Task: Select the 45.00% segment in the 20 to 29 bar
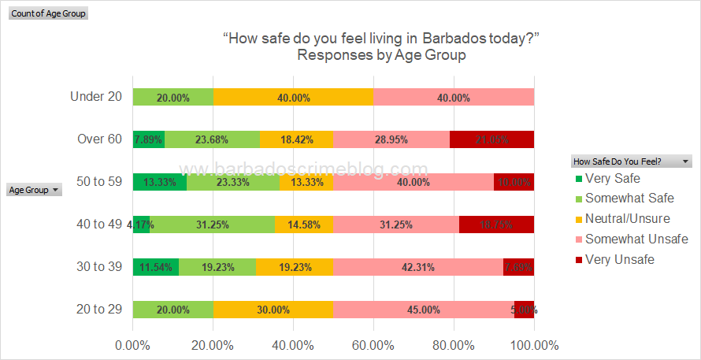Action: coord(424,310)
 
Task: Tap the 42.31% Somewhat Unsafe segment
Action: coord(418,267)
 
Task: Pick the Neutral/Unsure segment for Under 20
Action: coord(293,98)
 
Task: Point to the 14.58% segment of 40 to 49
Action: coord(304,225)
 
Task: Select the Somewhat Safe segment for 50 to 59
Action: coord(233,182)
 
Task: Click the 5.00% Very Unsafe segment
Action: coord(524,310)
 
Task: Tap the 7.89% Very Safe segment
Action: coord(148,139)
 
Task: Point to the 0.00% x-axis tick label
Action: coord(132,345)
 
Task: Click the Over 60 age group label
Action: coord(99,139)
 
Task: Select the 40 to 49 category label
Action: coord(99,225)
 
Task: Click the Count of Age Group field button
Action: coord(48,13)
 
